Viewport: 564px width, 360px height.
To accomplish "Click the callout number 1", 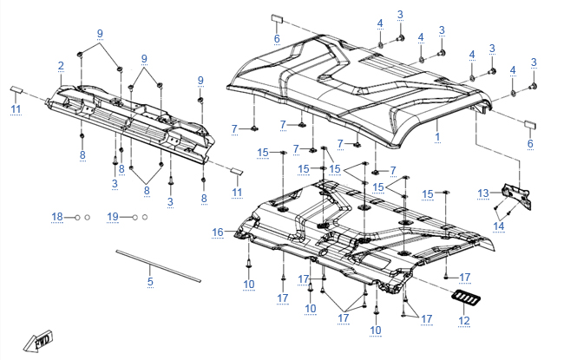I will click(x=437, y=137).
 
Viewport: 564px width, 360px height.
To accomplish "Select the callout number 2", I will click(x=61, y=66).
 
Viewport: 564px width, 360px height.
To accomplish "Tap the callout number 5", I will click(x=149, y=282).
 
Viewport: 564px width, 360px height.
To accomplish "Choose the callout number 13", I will click(x=484, y=192).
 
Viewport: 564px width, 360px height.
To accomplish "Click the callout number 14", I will click(x=499, y=226).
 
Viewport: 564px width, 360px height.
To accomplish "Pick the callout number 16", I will click(x=218, y=232).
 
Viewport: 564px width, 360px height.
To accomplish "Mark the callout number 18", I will click(x=57, y=215).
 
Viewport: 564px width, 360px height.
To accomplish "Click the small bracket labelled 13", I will click(x=518, y=194).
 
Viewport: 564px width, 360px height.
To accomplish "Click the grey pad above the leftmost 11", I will click(x=16, y=88).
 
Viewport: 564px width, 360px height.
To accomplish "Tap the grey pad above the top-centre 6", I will click(x=275, y=18).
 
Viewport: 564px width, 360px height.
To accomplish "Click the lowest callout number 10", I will click(x=375, y=331).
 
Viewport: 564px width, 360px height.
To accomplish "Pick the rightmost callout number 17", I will click(x=426, y=319).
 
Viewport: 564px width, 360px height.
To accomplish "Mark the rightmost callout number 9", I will click(x=200, y=80).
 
